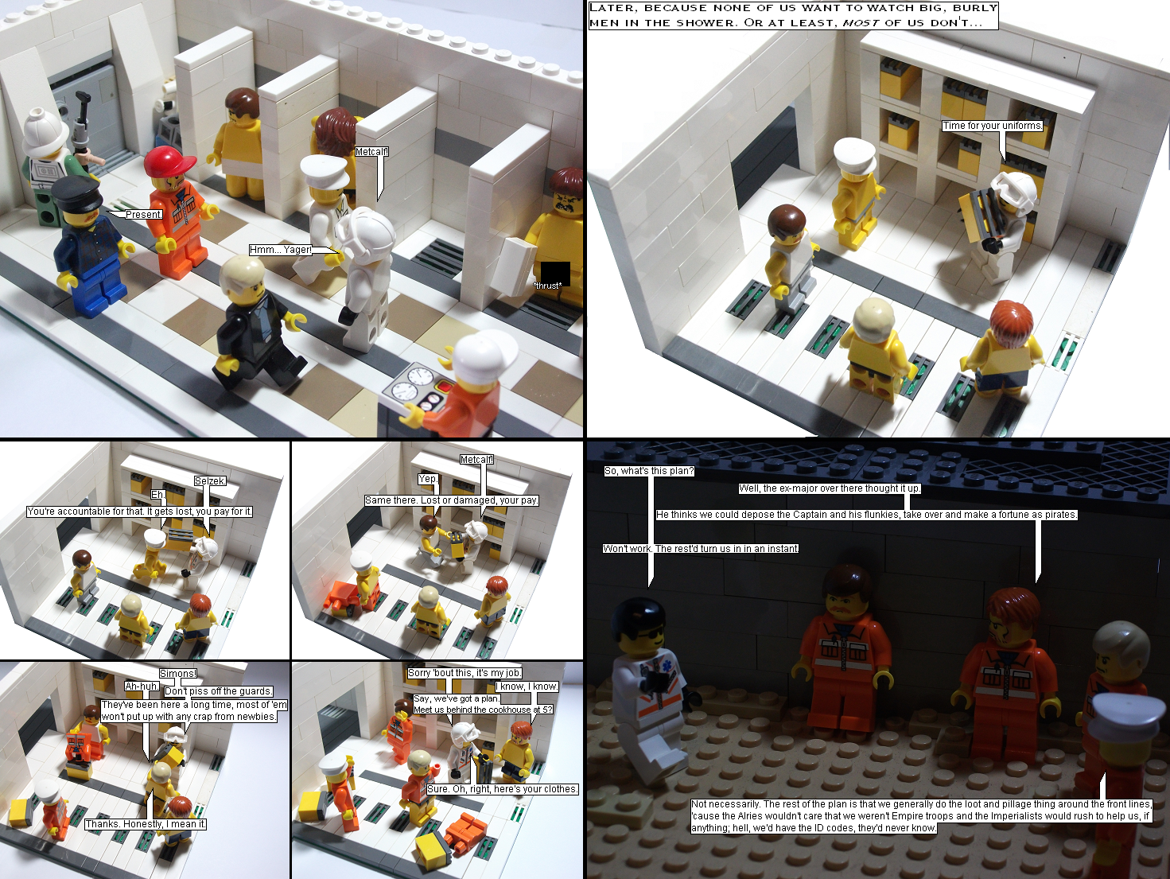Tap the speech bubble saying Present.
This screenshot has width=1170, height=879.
144,214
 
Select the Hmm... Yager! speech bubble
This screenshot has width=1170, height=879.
281,249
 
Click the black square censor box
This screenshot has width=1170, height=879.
555,274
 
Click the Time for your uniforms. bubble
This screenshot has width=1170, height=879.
992,126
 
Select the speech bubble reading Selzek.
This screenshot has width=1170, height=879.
210,480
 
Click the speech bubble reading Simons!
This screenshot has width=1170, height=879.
178,673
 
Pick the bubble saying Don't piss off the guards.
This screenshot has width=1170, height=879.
219,691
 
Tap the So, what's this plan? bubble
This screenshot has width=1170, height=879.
649,471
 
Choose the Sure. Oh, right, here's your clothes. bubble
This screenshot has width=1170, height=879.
503,789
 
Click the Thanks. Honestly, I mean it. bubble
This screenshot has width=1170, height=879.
146,824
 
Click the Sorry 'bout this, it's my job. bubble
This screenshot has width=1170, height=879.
465,673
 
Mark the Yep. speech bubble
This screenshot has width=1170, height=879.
428,479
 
